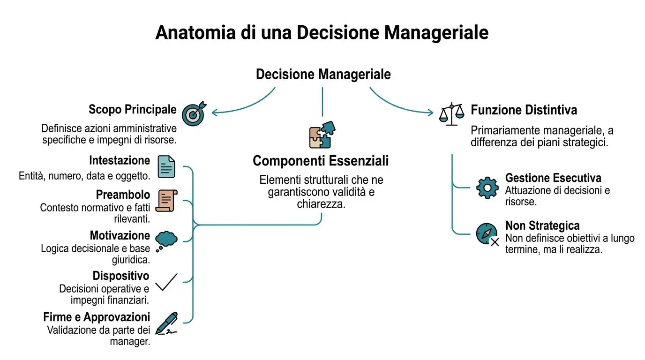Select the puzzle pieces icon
pos(322,135)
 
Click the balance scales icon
pos(451,114)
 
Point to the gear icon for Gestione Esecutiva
pos(487,187)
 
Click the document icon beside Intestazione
pos(166,167)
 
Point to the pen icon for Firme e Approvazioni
pos(167,323)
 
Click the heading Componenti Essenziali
pos(321,161)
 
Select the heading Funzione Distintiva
pos(524,110)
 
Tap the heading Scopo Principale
pos(133,110)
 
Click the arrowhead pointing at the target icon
pos(215,112)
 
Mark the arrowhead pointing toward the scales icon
pos(430,112)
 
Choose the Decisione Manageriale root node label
pos(323,75)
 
